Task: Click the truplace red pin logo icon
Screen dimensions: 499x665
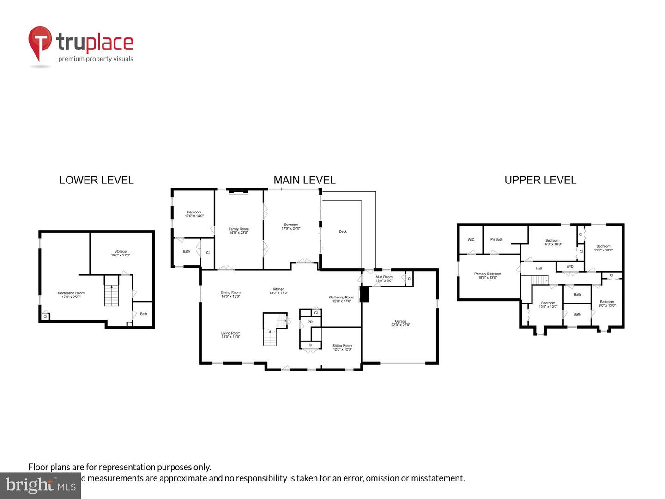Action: pos(40,43)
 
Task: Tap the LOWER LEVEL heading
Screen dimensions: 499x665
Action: pos(97,180)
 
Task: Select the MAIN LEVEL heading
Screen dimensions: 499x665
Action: pos(304,180)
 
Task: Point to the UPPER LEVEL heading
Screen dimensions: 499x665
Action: pos(540,180)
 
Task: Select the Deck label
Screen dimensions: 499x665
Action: pos(343,231)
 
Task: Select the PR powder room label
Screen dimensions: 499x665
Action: pos(310,322)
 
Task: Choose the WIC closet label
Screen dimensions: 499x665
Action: pos(471,240)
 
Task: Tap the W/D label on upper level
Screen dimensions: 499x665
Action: pos(570,267)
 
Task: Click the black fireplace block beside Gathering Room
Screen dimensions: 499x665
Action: pos(364,294)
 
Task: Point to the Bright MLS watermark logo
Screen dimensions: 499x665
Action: pos(41,485)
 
